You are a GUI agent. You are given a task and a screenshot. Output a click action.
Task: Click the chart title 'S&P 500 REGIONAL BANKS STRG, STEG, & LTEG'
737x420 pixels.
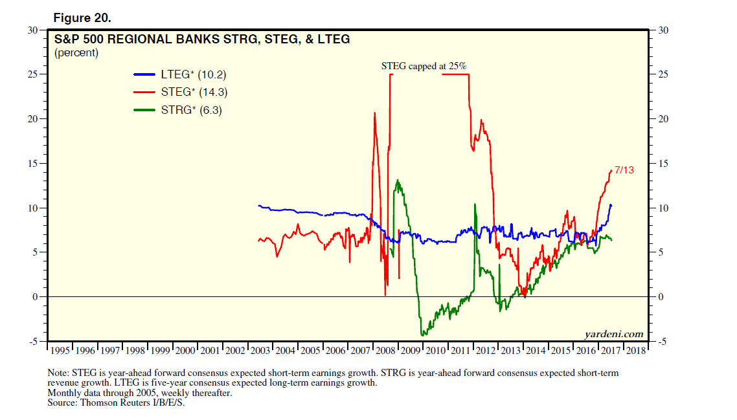(201, 39)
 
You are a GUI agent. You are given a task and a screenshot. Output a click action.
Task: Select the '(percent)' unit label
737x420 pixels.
(76, 53)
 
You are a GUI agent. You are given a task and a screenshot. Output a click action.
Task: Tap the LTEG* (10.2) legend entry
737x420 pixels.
(193, 74)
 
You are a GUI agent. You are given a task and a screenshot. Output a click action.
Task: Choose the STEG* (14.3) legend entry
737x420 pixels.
(193, 93)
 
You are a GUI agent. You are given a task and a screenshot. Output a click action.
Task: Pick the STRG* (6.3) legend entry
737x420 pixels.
(191, 110)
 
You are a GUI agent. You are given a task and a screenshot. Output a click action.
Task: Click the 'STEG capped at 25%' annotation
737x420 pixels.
(424, 66)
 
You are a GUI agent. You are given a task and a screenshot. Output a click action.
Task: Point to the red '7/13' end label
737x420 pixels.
(624, 170)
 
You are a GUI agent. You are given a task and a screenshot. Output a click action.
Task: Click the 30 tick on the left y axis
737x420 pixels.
(32, 30)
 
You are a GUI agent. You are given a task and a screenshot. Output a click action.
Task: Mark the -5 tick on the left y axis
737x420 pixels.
(32, 341)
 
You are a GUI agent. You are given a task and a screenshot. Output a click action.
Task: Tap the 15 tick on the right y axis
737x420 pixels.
(663, 163)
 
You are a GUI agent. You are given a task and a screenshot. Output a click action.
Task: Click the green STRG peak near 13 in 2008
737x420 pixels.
(396, 181)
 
